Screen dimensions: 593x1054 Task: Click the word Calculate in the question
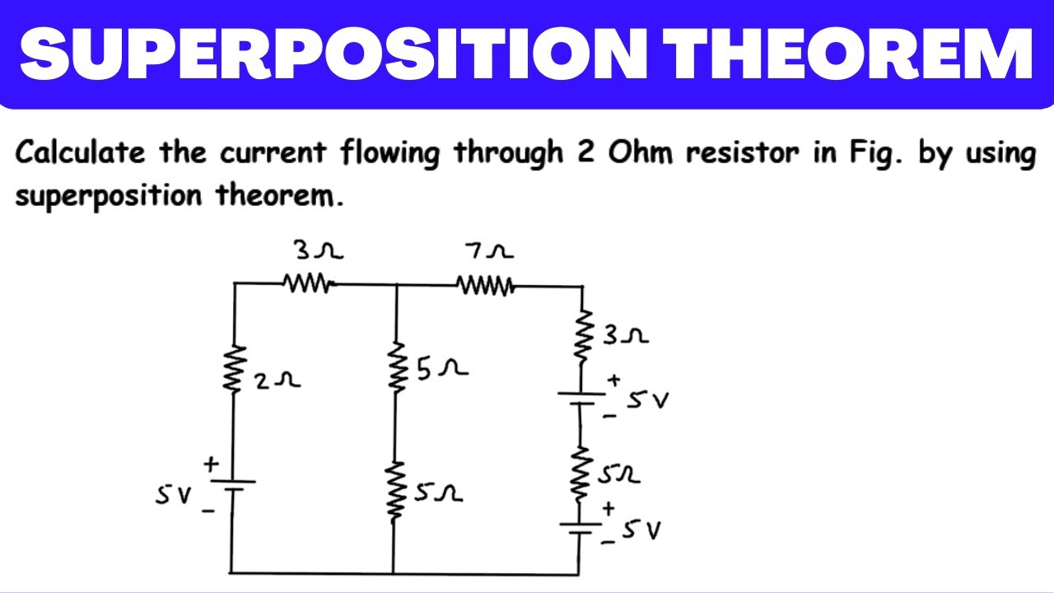80,153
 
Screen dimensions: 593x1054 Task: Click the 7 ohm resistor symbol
486,285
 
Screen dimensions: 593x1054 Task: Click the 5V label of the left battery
173,495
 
